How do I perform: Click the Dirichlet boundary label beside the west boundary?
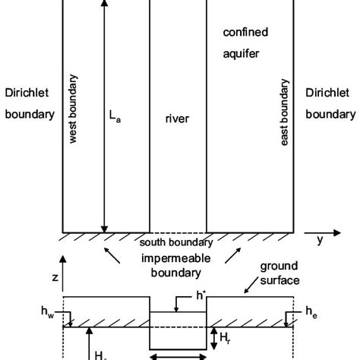coord(28,103)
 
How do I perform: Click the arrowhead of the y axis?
coord(311,230)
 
